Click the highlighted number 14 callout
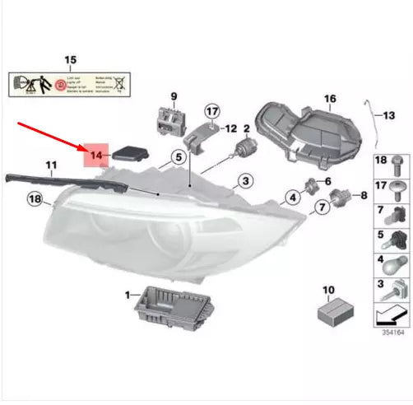95,154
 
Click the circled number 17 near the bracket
211,111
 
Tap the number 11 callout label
50,166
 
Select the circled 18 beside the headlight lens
35,198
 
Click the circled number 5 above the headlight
177,157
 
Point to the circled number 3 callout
245,181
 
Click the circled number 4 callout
291,198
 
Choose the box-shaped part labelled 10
336,311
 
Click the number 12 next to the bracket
230,128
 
